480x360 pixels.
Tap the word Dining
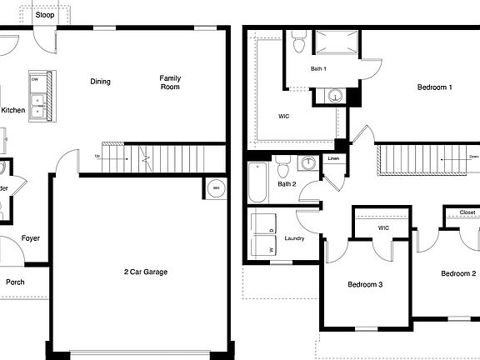click(x=101, y=82)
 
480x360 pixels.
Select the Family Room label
click(x=170, y=82)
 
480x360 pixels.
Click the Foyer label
click(x=31, y=238)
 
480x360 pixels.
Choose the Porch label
click(x=15, y=282)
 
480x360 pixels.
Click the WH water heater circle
click(x=216, y=188)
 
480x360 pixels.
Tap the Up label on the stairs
click(x=97, y=156)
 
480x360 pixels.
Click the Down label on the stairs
click(x=473, y=156)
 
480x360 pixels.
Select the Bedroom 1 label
click(x=435, y=87)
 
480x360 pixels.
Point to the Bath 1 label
click(x=318, y=68)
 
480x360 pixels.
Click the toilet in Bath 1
click(x=299, y=42)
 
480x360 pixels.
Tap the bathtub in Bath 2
click(x=257, y=182)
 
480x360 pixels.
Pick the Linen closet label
click(x=333, y=158)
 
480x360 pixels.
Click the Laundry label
click(x=294, y=238)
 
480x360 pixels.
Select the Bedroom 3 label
click(x=365, y=285)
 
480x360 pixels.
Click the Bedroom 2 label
click(x=458, y=274)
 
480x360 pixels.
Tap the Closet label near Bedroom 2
click(x=467, y=212)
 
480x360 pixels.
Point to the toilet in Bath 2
click(x=283, y=169)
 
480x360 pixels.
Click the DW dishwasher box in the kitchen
click(x=35, y=81)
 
